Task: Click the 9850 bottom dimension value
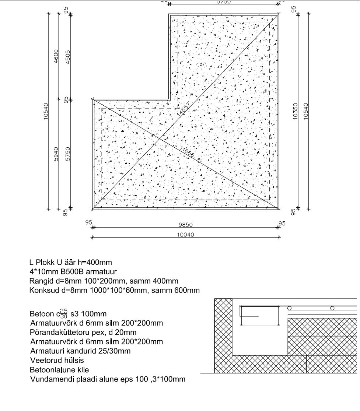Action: pyautogui.click(x=185, y=225)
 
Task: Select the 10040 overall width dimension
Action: pyautogui.click(x=185, y=235)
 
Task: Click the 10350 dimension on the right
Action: pyautogui.click(x=295, y=111)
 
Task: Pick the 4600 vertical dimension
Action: pyautogui.click(x=56, y=56)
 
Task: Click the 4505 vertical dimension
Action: pyautogui.click(x=67, y=57)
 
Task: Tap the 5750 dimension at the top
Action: pyautogui.click(x=223, y=2)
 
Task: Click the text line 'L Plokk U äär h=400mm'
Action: pyautogui.click(x=70, y=263)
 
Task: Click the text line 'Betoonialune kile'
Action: pyautogui.click(x=59, y=369)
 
